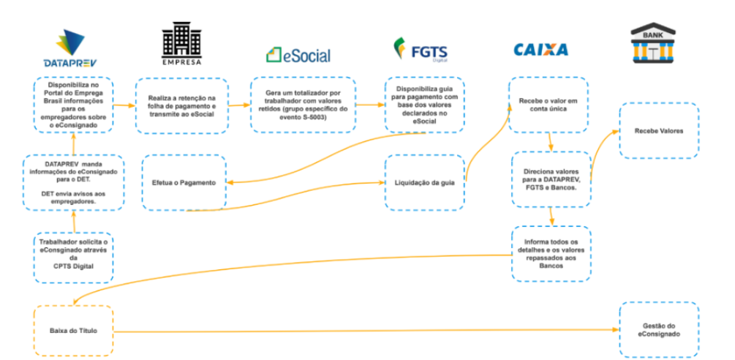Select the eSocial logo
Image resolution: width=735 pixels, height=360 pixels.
298,55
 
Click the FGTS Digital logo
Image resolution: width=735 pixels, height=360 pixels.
420,50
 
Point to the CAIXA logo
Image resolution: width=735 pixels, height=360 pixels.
540,50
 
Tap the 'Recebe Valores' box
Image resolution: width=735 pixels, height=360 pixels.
658,131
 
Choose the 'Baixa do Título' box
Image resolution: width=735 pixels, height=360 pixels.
74,331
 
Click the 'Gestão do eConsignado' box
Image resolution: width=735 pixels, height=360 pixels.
658,329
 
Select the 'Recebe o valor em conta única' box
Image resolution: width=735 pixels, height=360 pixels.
548,105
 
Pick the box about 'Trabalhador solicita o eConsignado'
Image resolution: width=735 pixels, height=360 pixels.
73,257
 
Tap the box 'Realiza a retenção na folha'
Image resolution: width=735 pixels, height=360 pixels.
181,105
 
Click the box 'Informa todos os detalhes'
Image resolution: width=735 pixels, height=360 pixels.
550,253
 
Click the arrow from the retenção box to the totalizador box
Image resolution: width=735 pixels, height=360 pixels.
238,105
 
